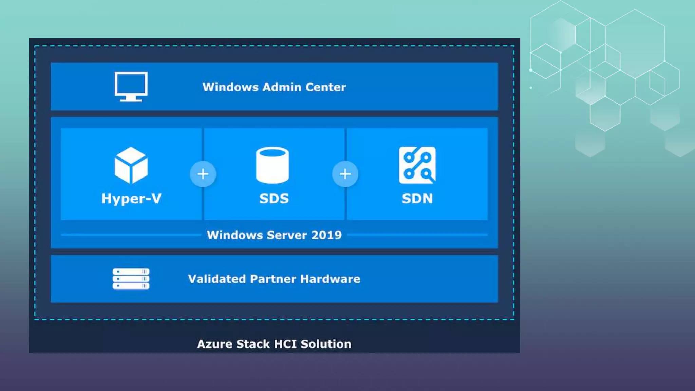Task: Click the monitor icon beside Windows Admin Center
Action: [131, 86]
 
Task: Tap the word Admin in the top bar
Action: [282, 87]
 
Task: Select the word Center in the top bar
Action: [326, 87]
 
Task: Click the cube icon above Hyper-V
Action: [131, 165]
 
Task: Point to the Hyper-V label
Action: [131, 199]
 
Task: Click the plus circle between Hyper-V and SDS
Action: [203, 174]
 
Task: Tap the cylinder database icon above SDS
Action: [273, 165]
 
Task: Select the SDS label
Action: [274, 199]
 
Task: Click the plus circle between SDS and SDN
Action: [345, 174]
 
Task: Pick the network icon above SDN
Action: [417, 165]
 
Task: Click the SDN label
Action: [417, 199]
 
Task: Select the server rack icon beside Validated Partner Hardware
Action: [131, 279]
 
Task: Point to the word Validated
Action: [217, 279]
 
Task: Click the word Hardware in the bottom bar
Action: [330, 279]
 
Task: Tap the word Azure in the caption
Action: [214, 344]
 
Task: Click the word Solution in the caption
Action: [326, 344]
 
